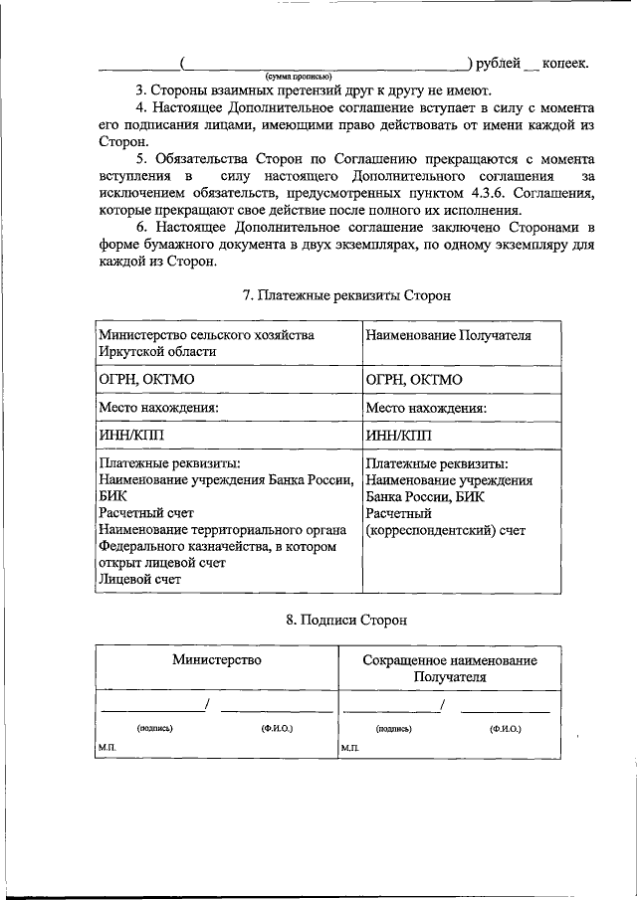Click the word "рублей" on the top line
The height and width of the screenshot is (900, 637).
pyautogui.click(x=498, y=64)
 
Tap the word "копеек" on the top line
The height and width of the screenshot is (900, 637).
pyautogui.click(x=564, y=64)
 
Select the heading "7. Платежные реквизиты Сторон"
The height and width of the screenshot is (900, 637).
pyautogui.click(x=346, y=295)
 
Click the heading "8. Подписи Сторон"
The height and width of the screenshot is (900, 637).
pyautogui.click(x=346, y=620)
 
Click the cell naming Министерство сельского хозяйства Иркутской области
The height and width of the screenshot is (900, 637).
pyautogui.click(x=206, y=343)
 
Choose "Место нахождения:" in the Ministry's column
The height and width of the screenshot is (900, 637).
pyautogui.click(x=157, y=408)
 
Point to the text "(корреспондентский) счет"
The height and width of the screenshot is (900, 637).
pyautogui.click(x=445, y=531)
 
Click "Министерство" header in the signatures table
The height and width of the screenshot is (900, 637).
pyautogui.click(x=216, y=659)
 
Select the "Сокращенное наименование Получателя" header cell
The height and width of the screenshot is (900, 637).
pyautogui.click(x=449, y=668)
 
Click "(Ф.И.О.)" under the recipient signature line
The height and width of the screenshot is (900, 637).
pyautogui.click(x=506, y=728)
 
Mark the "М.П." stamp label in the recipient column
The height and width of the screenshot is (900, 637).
pyautogui.click(x=349, y=747)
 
